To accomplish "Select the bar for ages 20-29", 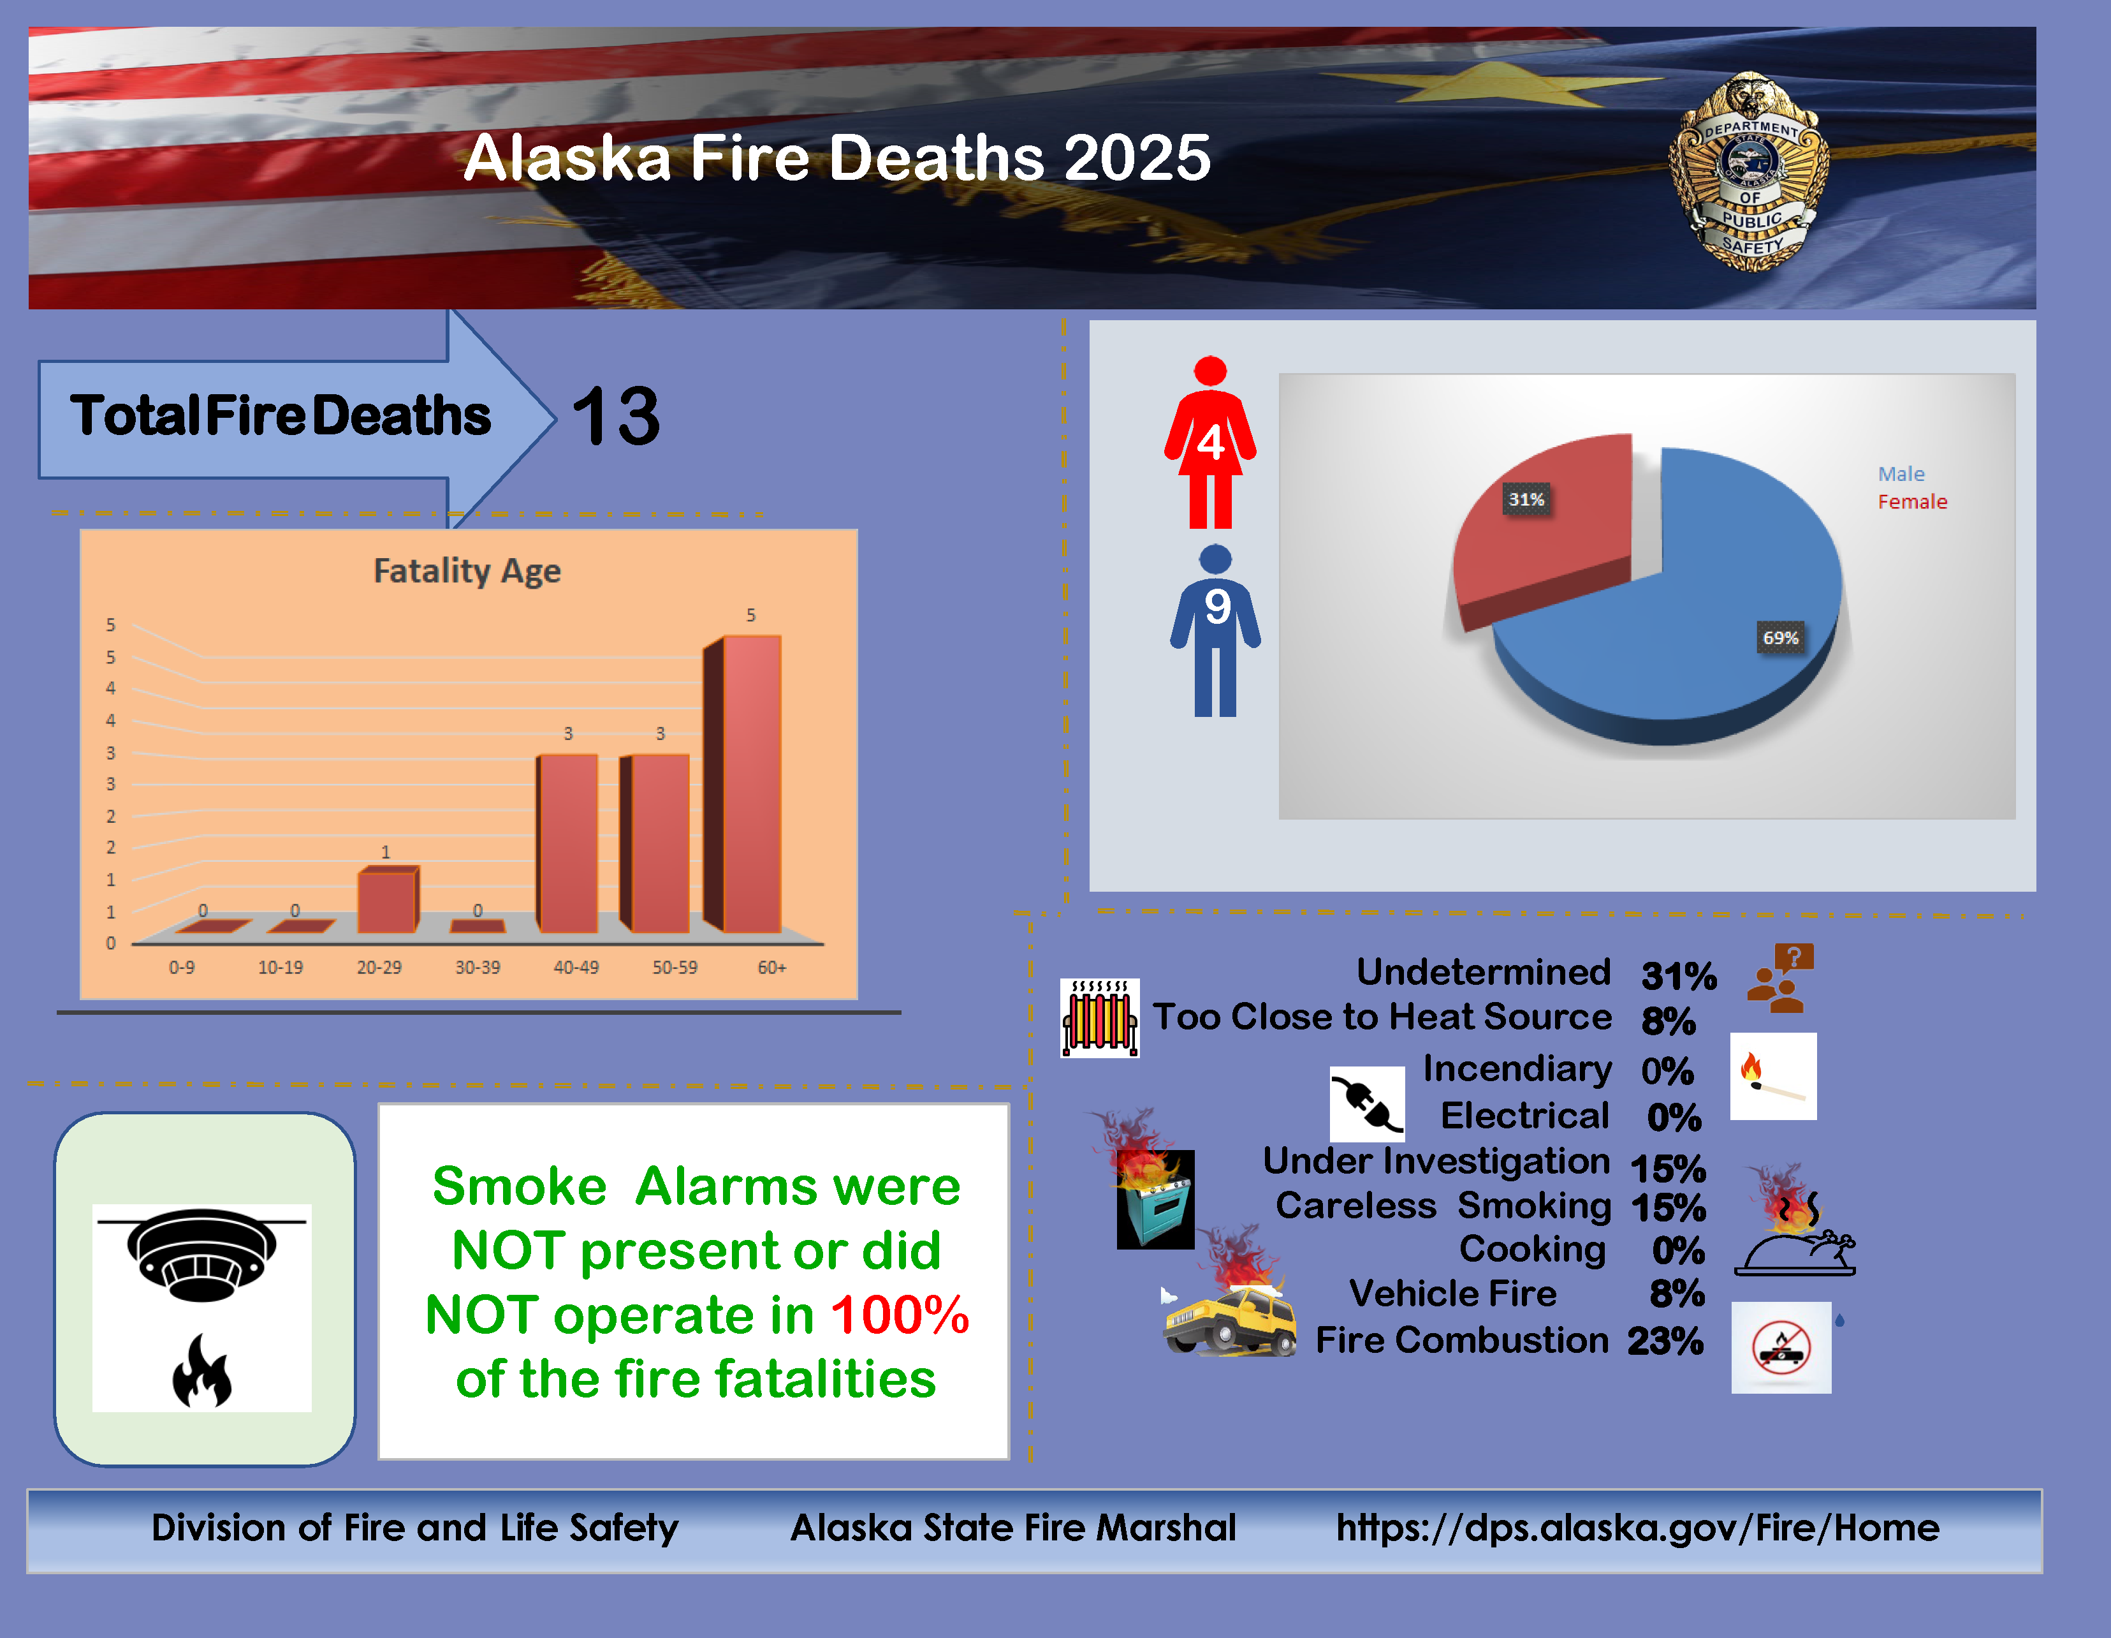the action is point(388,899).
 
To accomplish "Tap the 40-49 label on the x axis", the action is point(576,967).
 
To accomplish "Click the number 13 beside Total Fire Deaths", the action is point(616,417).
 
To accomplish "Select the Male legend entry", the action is point(1901,474).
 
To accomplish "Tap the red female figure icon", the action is point(1210,443).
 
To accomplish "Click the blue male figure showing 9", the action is point(1215,630).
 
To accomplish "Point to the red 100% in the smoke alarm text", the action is point(900,1315).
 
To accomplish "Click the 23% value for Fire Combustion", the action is point(1665,1341).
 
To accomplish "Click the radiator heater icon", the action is point(1100,1018).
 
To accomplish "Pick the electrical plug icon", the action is point(1367,1104).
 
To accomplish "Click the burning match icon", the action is point(1772,1076).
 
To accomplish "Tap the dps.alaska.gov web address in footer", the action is point(1637,1528).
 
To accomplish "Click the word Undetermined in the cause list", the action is point(1484,972).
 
